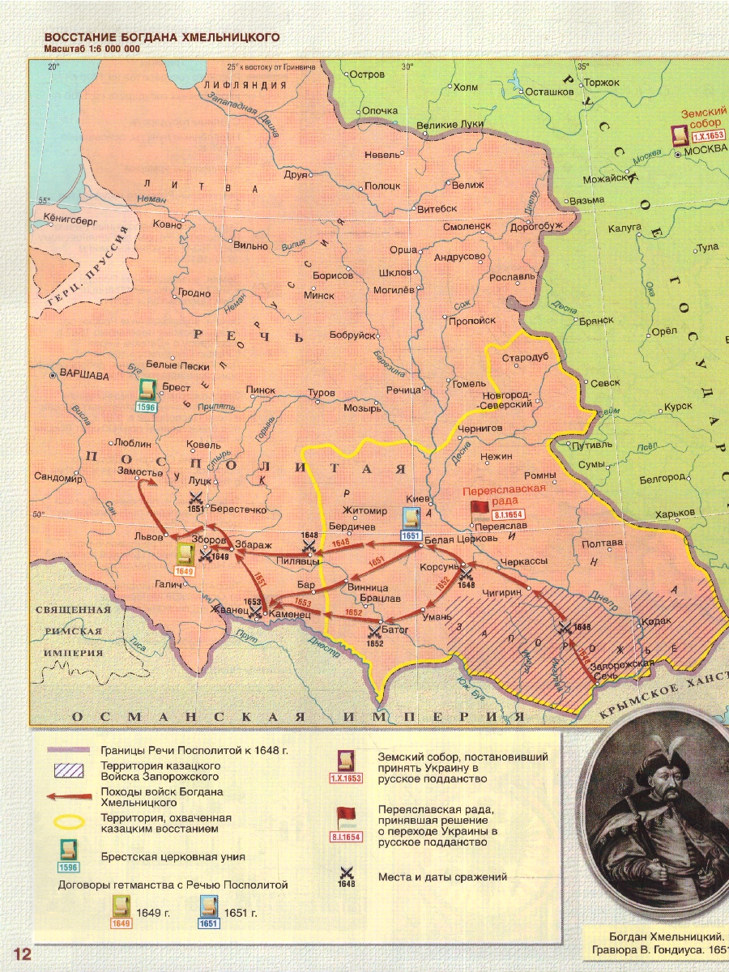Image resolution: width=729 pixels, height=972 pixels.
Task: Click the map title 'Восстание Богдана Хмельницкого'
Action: pyautogui.click(x=162, y=38)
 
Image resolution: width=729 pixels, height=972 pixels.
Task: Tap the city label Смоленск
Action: pyautogui.click(x=467, y=227)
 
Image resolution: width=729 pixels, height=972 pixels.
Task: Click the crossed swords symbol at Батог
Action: pyautogui.click(x=373, y=631)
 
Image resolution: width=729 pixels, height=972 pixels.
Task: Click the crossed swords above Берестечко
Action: pyautogui.click(x=196, y=497)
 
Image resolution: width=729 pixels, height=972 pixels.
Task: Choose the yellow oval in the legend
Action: pyautogui.click(x=69, y=822)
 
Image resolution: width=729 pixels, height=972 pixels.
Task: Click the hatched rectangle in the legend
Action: pyautogui.click(x=69, y=769)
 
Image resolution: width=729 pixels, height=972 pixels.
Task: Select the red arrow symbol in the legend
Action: pyautogui.click(x=69, y=796)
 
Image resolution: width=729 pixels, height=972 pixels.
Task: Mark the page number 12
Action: pyautogui.click(x=21, y=953)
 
